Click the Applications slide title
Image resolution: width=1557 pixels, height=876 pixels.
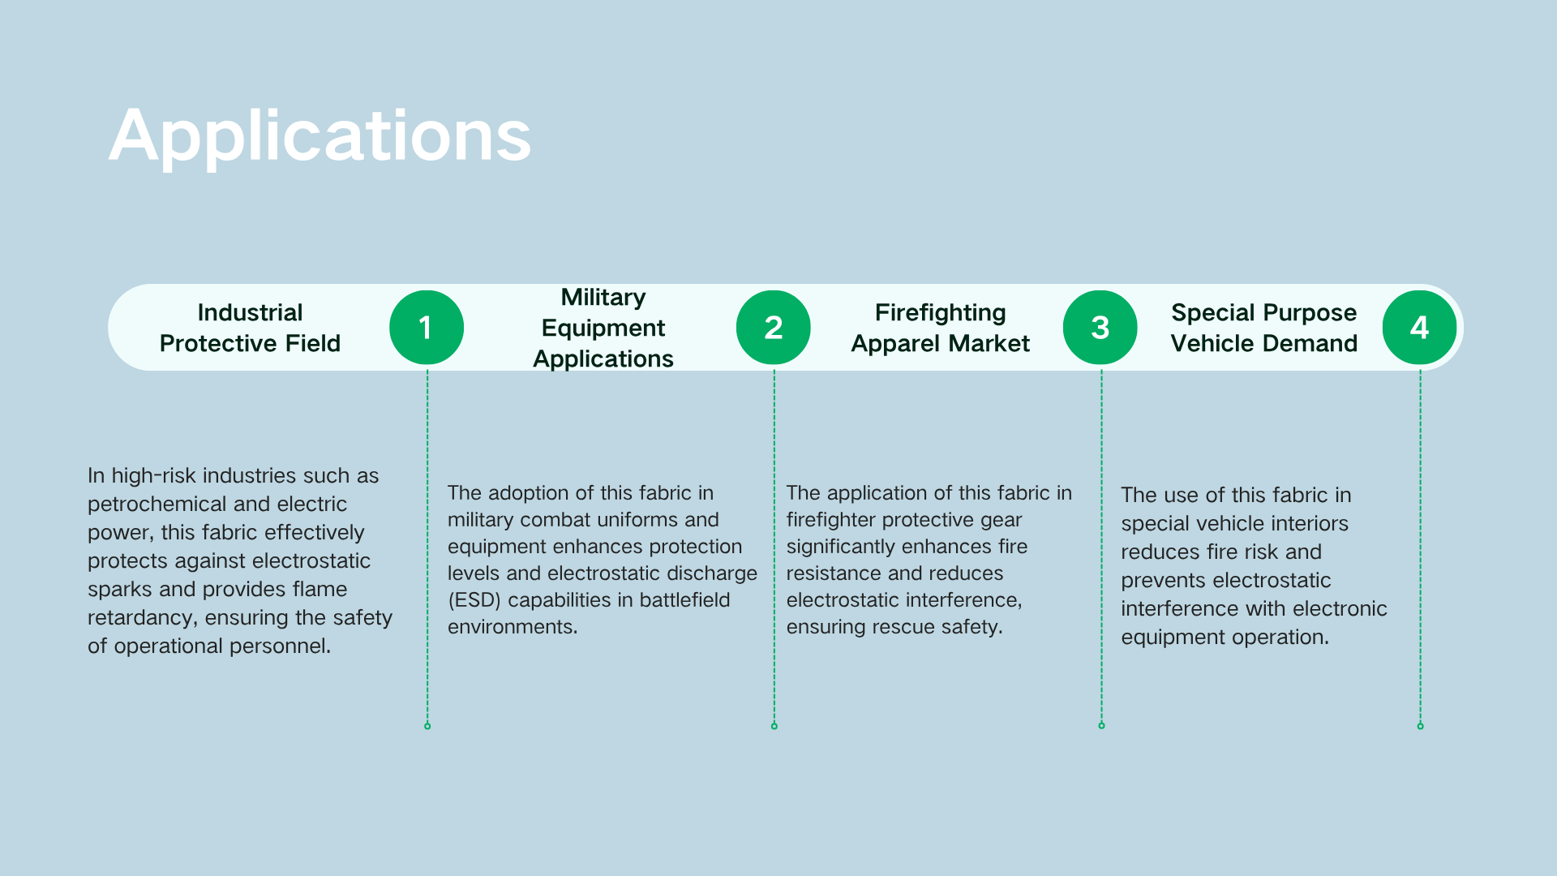tap(320, 136)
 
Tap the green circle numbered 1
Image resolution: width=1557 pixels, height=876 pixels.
tap(427, 328)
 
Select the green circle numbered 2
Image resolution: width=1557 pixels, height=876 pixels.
tap(774, 328)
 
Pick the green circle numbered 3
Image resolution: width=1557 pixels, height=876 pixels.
tap(1100, 328)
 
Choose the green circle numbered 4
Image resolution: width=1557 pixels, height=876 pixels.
tap(1420, 328)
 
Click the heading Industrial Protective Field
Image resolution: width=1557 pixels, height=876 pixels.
tap(250, 328)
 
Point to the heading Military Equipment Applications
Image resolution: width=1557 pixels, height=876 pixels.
tap(603, 328)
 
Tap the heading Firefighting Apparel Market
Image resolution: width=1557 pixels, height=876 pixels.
tap(941, 328)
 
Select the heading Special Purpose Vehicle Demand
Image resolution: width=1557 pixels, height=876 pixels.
tap(1264, 328)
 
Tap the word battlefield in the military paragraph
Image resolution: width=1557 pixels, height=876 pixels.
tap(684, 600)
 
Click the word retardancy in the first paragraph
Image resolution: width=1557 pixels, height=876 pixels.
tap(143, 618)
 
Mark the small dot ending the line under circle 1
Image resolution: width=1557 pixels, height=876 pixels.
tap(427, 726)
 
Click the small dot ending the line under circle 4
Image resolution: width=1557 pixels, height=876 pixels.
tap(1420, 726)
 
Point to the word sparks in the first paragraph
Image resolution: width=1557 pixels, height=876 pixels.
tap(119, 590)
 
